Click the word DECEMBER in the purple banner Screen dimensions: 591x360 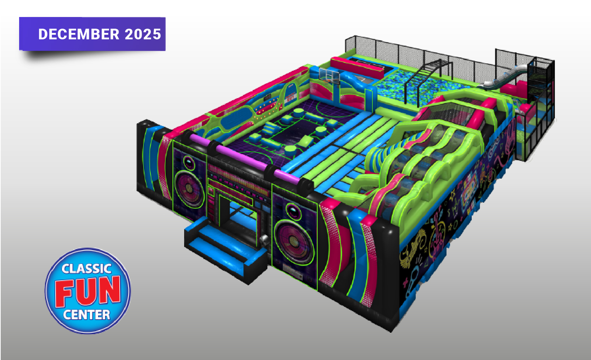[x=79, y=34]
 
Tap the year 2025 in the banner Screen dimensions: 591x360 [x=143, y=34]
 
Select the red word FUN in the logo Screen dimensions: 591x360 [x=88, y=291]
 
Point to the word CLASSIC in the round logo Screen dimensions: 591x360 [x=86, y=269]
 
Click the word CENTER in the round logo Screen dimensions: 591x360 [x=86, y=315]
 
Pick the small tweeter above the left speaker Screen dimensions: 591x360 [x=189, y=162]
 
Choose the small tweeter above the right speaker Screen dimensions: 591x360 [x=294, y=211]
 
